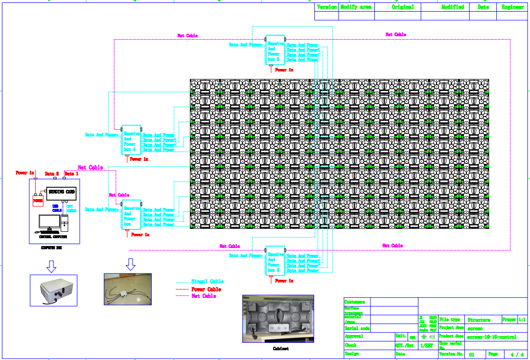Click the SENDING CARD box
[x=63, y=191]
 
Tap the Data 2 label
[x=51, y=174]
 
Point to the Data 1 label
[x=71, y=174]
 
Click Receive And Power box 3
[x=275, y=49]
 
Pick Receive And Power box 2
[x=275, y=261]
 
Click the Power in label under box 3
[x=284, y=70]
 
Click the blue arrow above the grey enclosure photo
[x=51, y=266]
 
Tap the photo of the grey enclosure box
[x=54, y=291]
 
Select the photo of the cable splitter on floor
[x=128, y=289]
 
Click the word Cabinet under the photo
[x=277, y=349]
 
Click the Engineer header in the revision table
[x=513, y=7]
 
